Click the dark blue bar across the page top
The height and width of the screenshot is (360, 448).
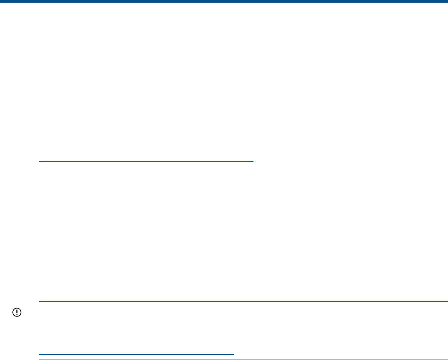[x=224, y=1]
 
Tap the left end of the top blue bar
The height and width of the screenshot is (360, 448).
[x=1, y=1]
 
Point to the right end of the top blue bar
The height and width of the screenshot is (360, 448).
[x=446, y=1]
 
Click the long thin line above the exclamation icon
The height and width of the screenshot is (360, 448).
[x=243, y=302]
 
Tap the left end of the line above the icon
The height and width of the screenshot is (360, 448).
[x=40, y=302]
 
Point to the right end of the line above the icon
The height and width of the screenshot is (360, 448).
[x=447, y=302]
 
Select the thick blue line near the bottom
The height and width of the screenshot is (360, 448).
[x=136, y=354]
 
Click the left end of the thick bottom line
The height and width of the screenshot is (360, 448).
[x=40, y=354]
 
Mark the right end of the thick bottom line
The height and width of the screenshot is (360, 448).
[x=233, y=354]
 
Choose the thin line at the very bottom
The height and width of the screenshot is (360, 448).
[x=243, y=359]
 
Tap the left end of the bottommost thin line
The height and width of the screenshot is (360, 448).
[x=40, y=359]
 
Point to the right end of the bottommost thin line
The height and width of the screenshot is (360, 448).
[x=447, y=359]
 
